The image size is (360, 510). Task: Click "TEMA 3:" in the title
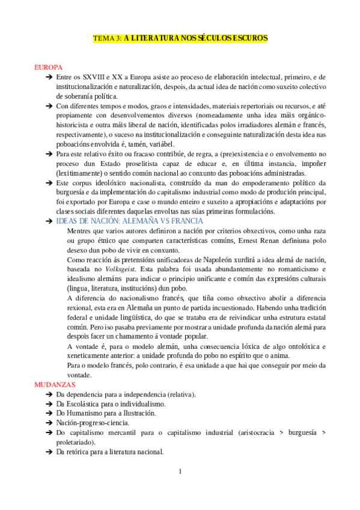tap(107, 38)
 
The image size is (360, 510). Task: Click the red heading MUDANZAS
tap(54, 367)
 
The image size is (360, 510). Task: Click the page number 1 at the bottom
tap(180, 470)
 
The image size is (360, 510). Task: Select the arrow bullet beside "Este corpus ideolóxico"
tap(48, 182)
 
